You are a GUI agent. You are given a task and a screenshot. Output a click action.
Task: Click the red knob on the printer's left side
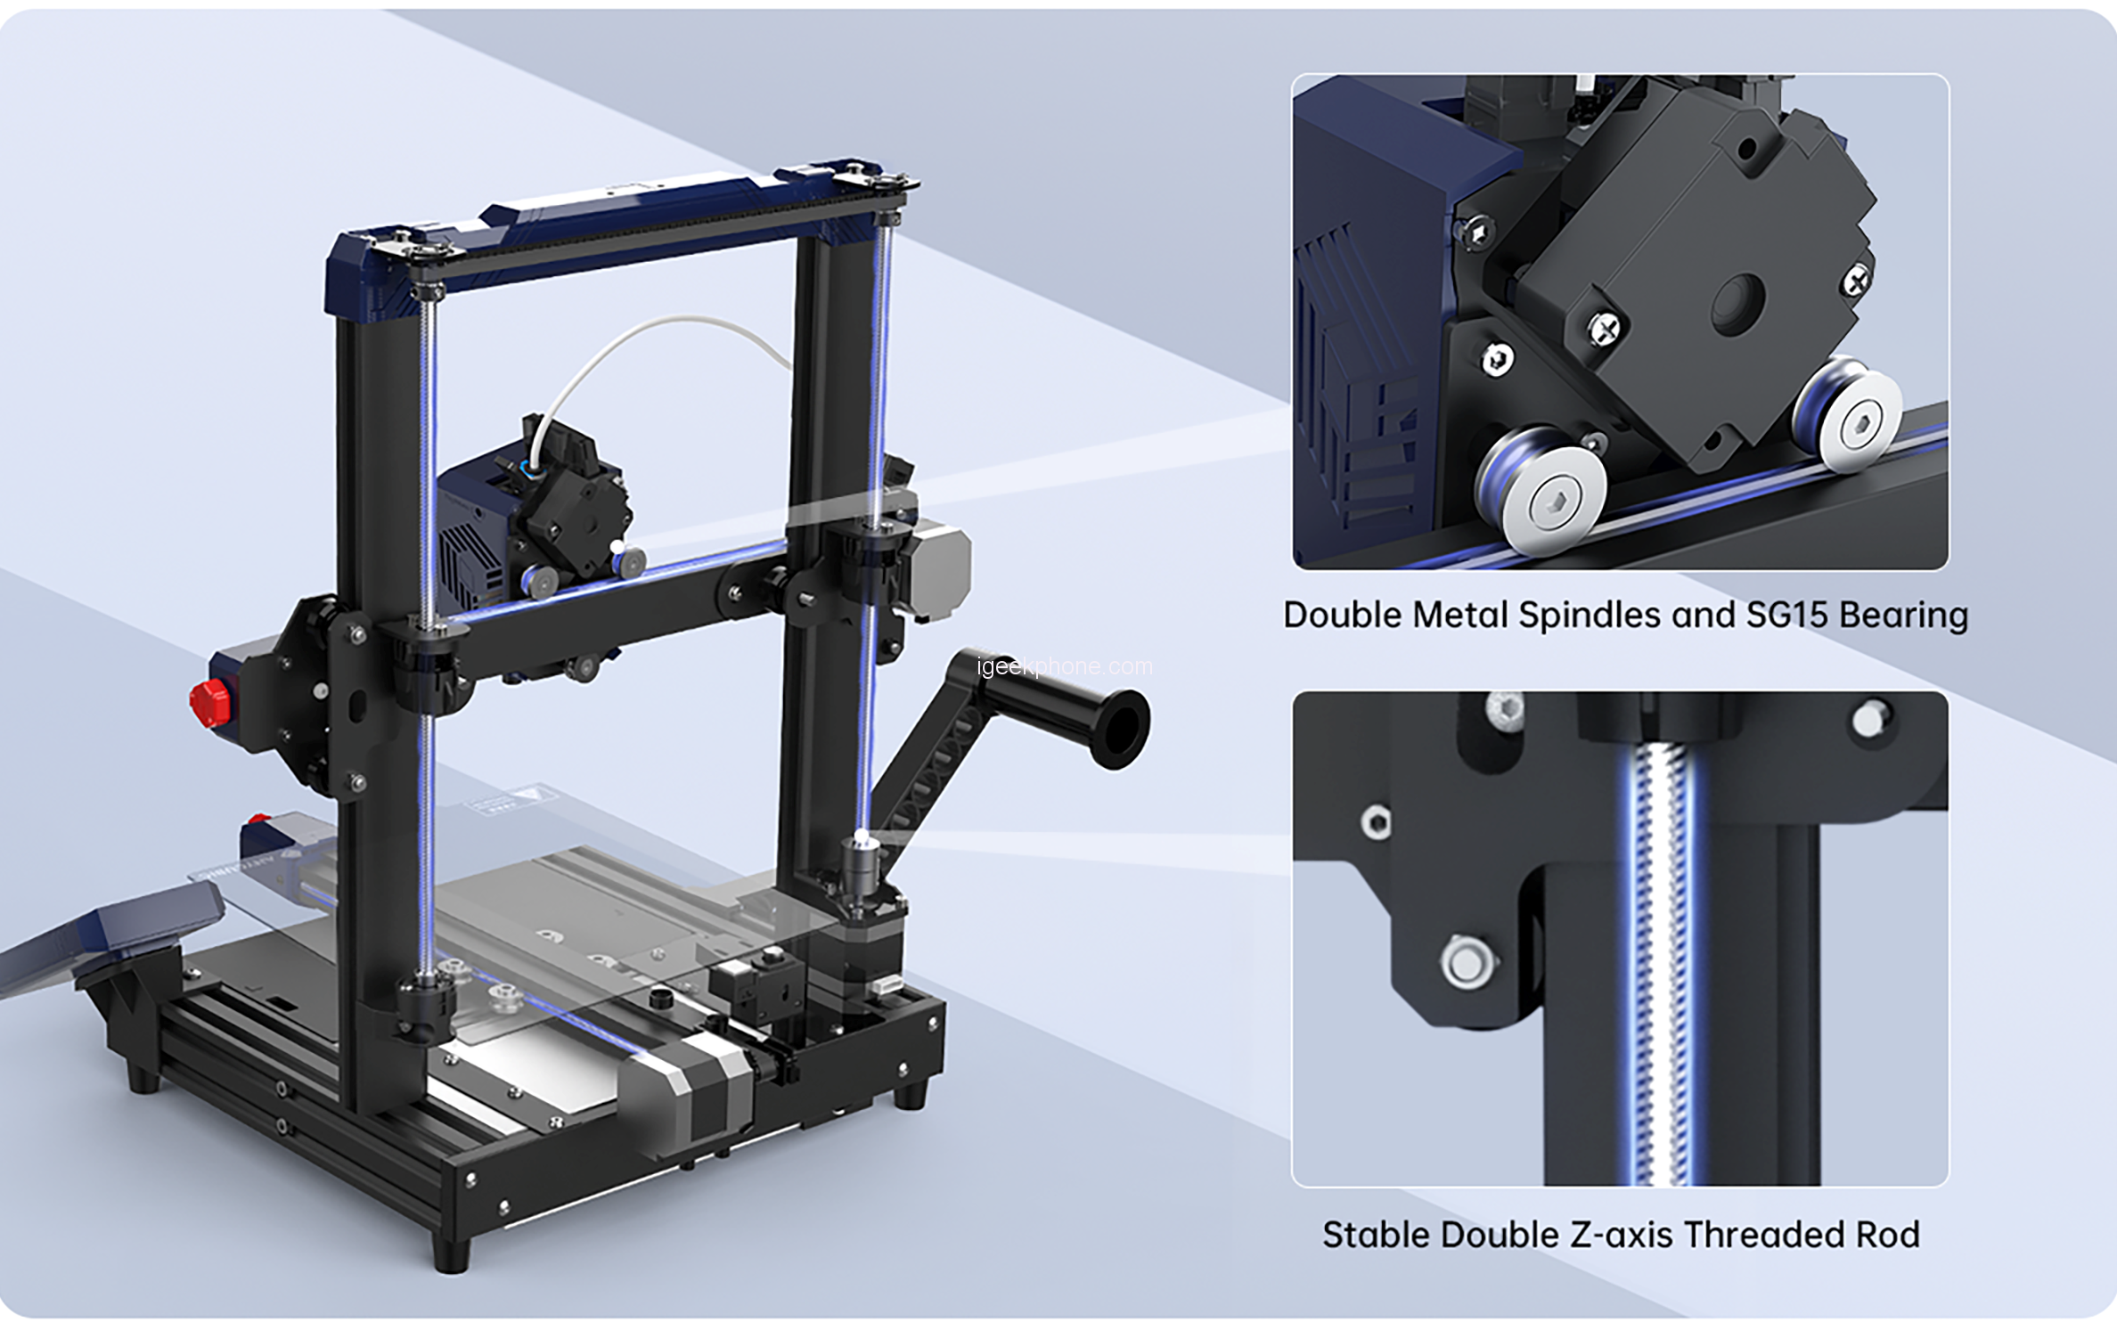point(210,703)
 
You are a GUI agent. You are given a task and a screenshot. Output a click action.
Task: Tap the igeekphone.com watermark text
point(1064,666)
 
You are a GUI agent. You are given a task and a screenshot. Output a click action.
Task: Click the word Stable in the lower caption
point(1377,1235)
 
